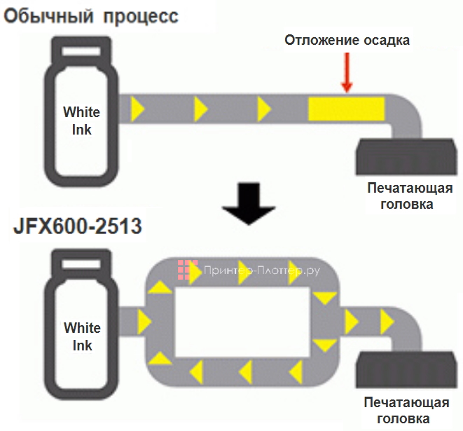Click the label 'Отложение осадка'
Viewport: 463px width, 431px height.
(347, 40)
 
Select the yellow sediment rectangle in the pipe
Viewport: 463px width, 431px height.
(346, 109)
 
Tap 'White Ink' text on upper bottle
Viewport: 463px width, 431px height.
(81, 120)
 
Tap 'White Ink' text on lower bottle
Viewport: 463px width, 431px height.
(82, 336)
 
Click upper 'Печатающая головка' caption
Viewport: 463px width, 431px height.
(410, 196)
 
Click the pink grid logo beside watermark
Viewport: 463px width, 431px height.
(185, 269)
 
